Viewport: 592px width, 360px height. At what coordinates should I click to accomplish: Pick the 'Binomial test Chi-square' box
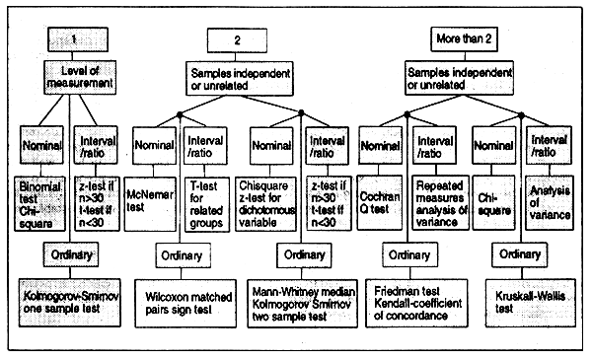(40, 193)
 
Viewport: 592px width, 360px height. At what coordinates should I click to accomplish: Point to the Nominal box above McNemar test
(155, 145)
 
